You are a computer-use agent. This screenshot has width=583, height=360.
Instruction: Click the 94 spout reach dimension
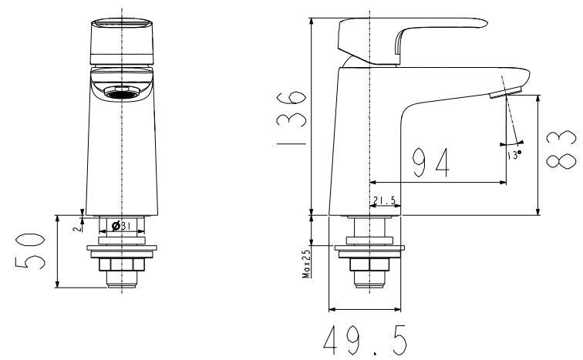pyautogui.click(x=430, y=162)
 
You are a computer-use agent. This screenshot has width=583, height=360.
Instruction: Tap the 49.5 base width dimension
pyautogui.click(x=366, y=339)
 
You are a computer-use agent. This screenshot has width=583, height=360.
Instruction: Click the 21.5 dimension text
pyautogui.click(x=383, y=201)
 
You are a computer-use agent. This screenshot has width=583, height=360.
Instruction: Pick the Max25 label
pyautogui.click(x=306, y=263)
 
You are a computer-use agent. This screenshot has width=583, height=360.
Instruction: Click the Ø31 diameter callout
pyautogui.click(x=123, y=226)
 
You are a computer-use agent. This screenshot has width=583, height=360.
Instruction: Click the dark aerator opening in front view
pyautogui.click(x=123, y=94)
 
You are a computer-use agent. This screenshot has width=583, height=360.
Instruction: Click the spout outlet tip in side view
pyautogui.click(x=505, y=93)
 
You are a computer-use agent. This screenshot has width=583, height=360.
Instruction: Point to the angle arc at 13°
pyautogui.click(x=512, y=143)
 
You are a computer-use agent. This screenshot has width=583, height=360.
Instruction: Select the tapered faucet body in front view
pyautogui.click(x=123, y=154)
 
